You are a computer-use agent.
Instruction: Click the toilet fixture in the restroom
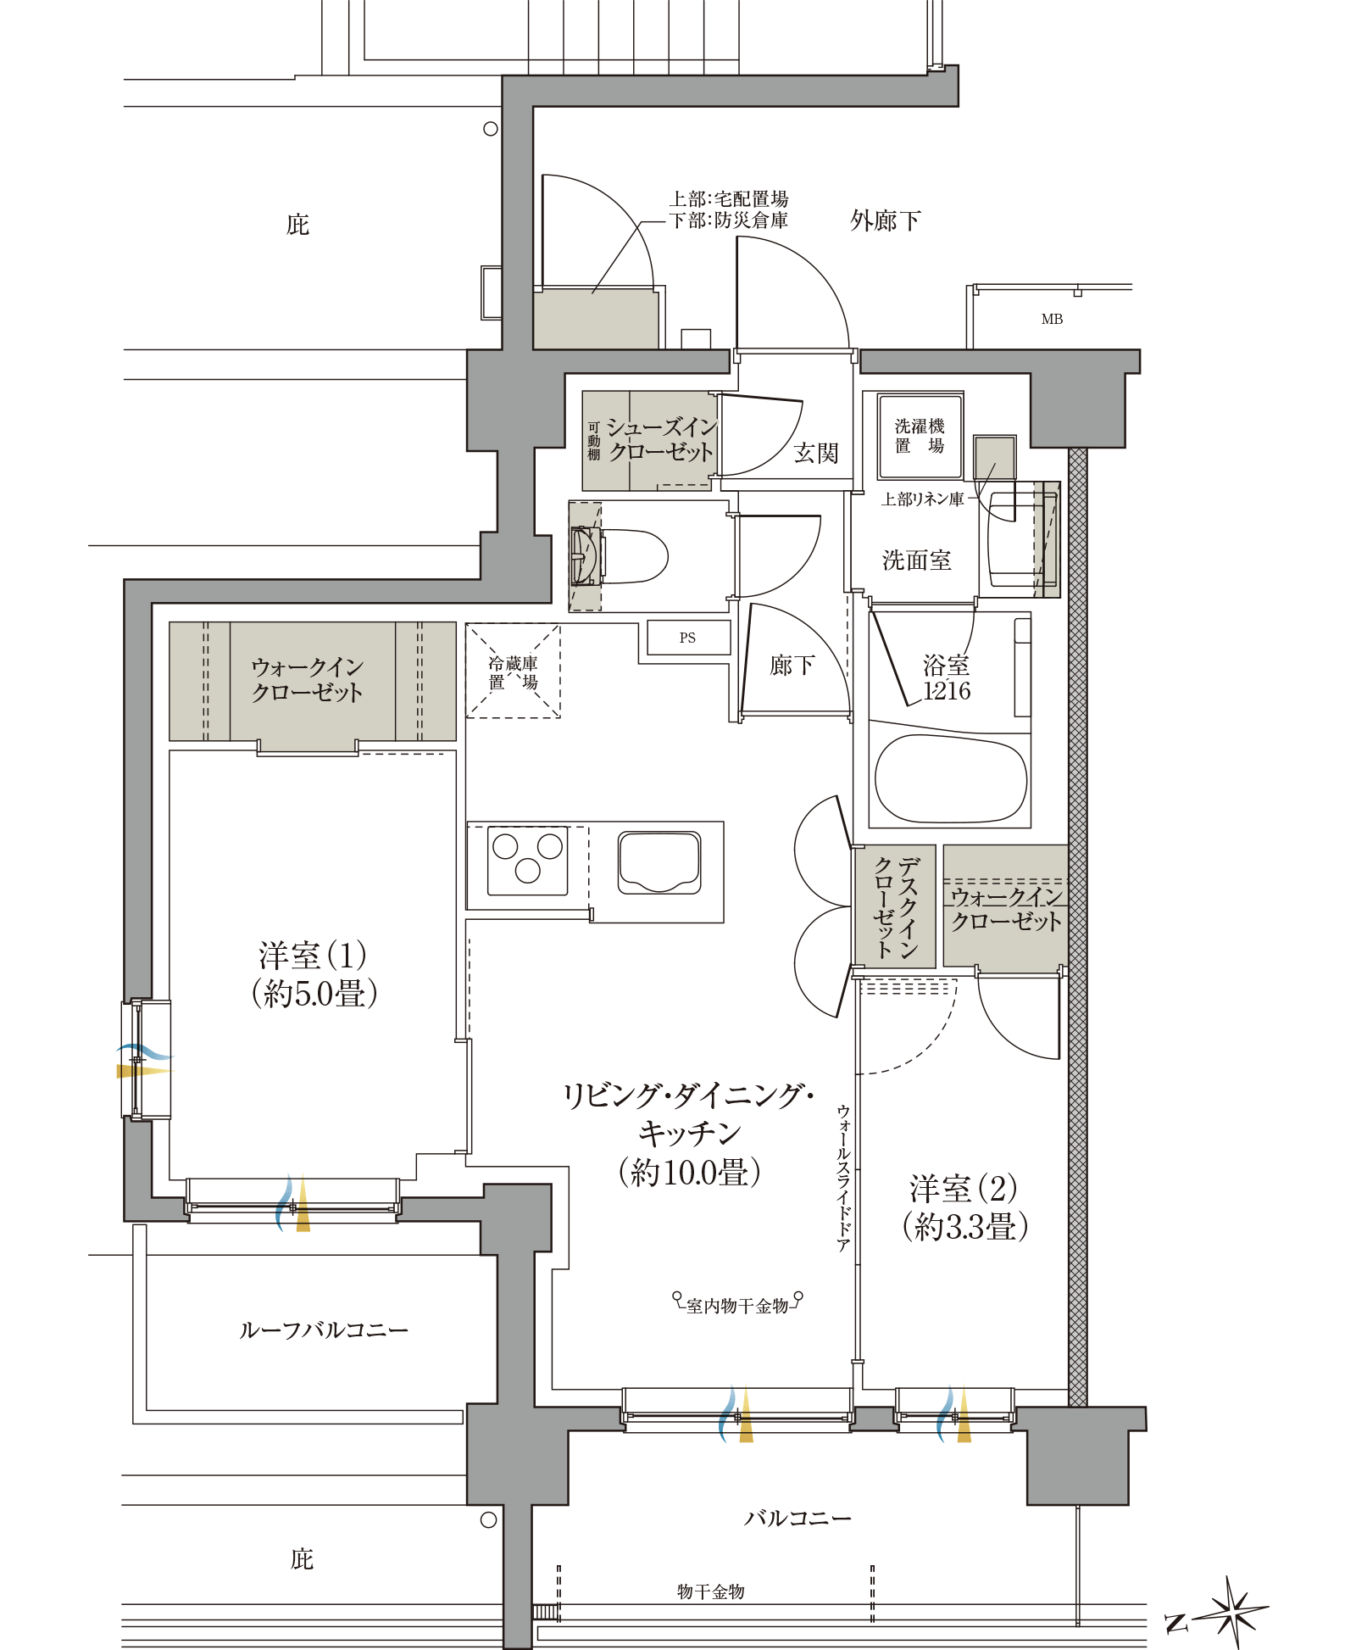pos(631,556)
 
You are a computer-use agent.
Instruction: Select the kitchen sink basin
pos(659,862)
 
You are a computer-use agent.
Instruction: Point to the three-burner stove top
pos(527,860)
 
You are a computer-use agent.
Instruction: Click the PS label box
pos(688,638)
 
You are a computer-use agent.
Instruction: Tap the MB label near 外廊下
pos(1052,319)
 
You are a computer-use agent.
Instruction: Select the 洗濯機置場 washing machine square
pos(920,436)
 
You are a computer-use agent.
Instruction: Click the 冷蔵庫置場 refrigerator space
pos(513,672)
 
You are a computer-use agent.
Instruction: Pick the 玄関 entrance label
pos(815,453)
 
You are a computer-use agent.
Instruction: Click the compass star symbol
pos(1236,1610)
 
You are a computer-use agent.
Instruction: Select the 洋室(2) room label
pos(964,1207)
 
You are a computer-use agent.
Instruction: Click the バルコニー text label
pos(797,1518)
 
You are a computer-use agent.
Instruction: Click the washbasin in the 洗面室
pos(1014,539)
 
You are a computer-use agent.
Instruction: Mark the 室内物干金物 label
pos(737,1306)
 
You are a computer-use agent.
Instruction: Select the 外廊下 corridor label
pos(885,220)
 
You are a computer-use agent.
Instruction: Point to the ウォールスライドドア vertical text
pos(843,1179)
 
